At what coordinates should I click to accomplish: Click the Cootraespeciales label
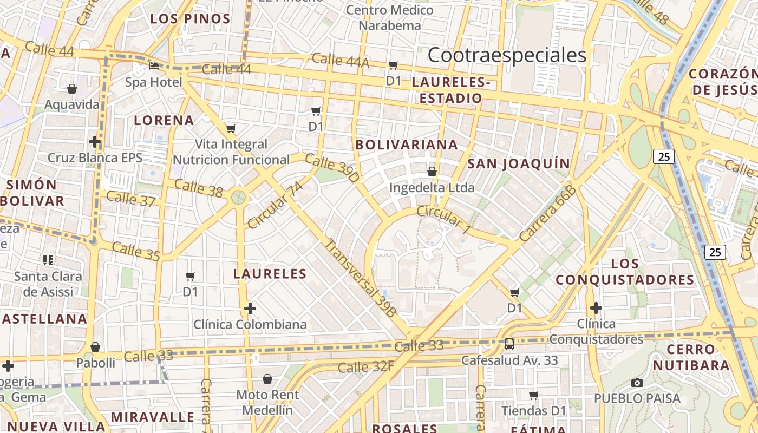coord(507,55)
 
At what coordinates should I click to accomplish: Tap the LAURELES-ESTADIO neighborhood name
coord(450,90)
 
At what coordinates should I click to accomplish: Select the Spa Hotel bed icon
coord(154,66)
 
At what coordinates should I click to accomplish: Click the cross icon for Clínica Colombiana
coord(250,309)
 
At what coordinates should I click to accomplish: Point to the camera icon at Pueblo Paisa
coord(637,383)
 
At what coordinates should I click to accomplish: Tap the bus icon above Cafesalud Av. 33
coord(509,344)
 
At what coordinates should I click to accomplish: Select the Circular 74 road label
coord(275,205)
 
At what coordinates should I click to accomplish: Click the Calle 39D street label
coord(332,168)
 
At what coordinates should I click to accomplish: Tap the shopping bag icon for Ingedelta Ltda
coord(432,172)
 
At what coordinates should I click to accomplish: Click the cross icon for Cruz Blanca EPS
coord(95,142)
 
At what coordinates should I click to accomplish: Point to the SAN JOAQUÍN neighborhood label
coord(519,164)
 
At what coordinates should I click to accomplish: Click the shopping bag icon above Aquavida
coord(72,89)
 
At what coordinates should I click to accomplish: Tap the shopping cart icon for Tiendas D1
coord(533,395)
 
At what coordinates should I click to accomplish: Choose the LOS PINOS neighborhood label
coord(190,19)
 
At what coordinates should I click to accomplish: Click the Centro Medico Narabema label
coord(389,18)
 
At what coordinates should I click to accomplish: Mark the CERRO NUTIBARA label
coord(691,357)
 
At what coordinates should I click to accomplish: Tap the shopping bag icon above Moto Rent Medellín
coord(267,378)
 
